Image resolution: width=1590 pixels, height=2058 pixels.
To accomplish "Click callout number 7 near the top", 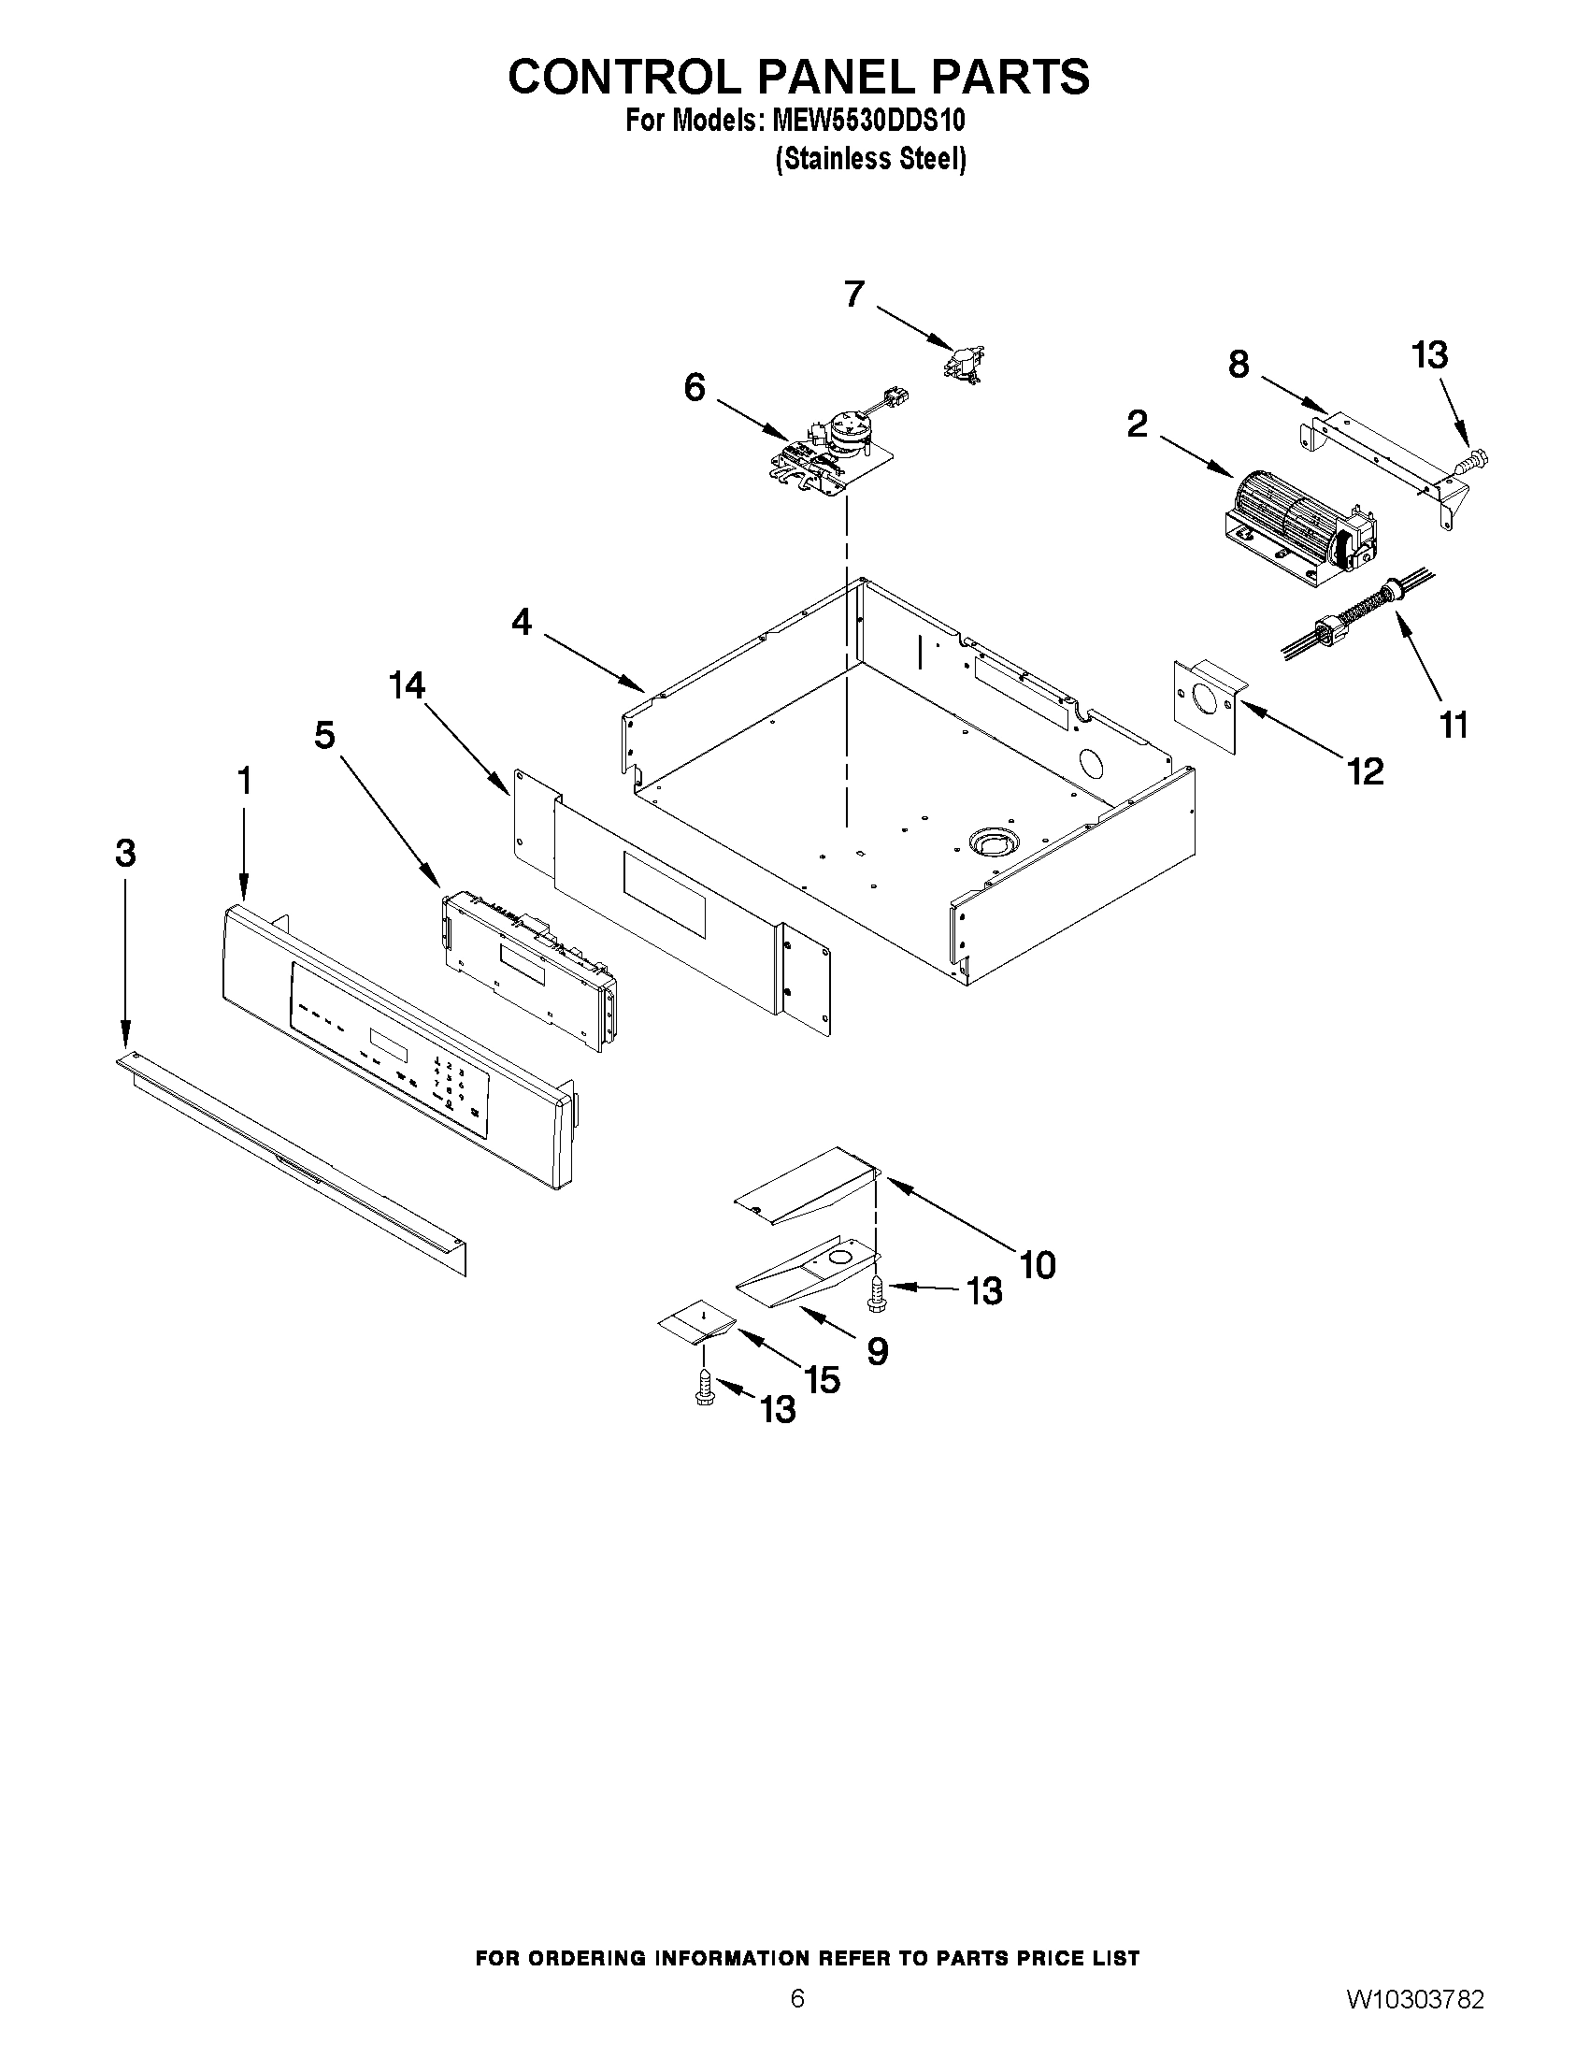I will click(x=853, y=294).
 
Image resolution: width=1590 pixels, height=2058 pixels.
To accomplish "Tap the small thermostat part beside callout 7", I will click(x=963, y=363).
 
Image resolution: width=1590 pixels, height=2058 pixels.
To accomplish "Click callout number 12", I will click(x=1365, y=771).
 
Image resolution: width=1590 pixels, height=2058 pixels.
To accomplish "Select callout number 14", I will click(x=408, y=686).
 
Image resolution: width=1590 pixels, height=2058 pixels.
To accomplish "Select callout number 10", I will click(x=1037, y=1264).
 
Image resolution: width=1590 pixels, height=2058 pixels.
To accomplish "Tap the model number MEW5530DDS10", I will click(x=867, y=122).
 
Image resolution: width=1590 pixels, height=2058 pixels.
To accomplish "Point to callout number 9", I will click(x=877, y=1352).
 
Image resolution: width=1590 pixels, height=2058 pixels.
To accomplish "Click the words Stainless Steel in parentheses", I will click(x=870, y=158).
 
